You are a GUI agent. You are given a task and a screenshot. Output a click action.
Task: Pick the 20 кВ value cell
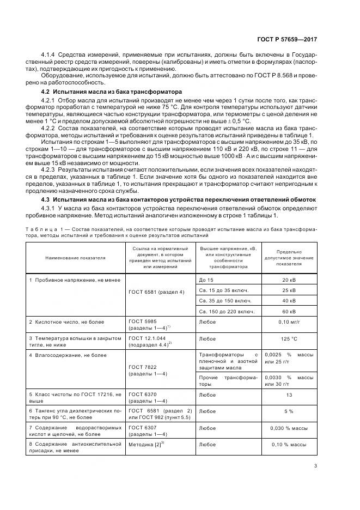click(289, 280)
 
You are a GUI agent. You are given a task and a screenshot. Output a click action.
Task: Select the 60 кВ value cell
click(289, 311)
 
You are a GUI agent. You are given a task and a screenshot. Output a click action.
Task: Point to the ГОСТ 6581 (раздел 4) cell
click(156, 292)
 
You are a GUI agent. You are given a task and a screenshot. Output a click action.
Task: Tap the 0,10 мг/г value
click(289, 322)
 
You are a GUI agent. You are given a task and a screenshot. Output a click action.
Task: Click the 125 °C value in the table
click(289, 338)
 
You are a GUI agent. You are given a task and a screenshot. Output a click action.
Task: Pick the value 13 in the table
click(289, 394)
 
